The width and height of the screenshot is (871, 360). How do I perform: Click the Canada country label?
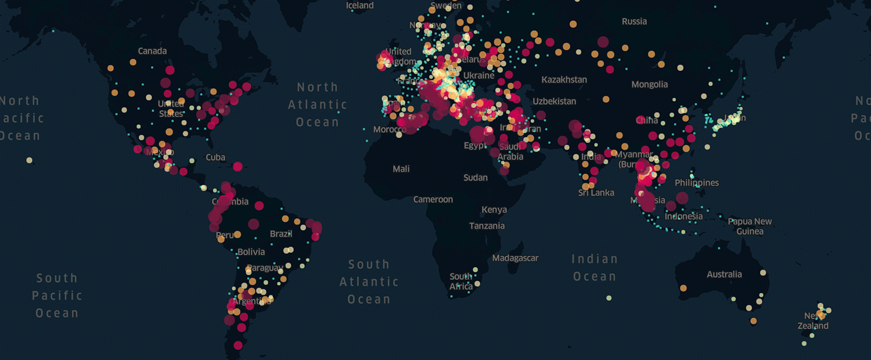click(x=152, y=51)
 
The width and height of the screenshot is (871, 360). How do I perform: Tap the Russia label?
click(x=634, y=21)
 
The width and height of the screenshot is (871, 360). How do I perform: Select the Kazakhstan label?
click(x=564, y=80)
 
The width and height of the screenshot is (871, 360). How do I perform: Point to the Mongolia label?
click(x=649, y=85)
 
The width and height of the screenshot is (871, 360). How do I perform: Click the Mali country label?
click(x=401, y=169)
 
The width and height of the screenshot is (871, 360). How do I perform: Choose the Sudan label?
click(x=476, y=178)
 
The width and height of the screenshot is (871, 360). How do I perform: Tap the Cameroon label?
click(x=433, y=200)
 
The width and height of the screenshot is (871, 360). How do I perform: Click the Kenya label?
click(x=494, y=210)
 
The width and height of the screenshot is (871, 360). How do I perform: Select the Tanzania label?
click(x=487, y=226)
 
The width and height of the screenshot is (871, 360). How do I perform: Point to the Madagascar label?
click(x=515, y=258)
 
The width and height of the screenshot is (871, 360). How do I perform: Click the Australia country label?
click(x=724, y=274)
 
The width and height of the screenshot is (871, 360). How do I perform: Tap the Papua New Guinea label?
click(x=750, y=226)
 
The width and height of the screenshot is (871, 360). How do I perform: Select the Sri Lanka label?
click(x=596, y=193)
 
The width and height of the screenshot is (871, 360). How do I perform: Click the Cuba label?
click(x=215, y=157)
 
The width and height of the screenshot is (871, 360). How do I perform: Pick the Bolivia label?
click(x=251, y=252)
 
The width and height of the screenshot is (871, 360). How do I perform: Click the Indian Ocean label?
click(x=595, y=268)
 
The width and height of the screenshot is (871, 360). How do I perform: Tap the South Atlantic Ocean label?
click(x=369, y=282)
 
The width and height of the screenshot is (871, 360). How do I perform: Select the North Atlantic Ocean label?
click(x=318, y=105)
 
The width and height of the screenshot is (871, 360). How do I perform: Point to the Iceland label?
click(x=360, y=5)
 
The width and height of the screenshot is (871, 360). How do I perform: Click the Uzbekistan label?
click(x=555, y=101)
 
